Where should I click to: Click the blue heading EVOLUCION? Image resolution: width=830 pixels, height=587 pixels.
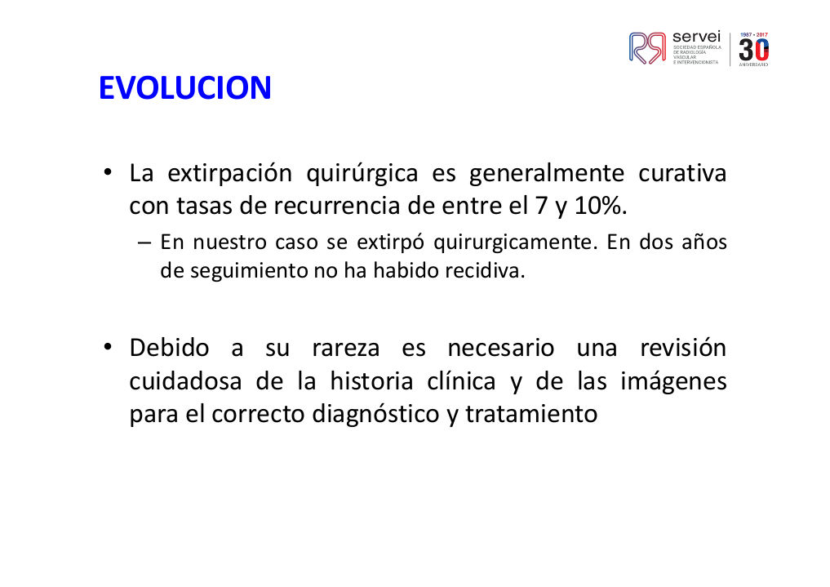[x=184, y=87]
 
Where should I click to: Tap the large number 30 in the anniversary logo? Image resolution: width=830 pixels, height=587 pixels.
[x=754, y=51]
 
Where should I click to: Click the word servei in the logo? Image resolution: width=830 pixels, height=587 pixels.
[x=696, y=37]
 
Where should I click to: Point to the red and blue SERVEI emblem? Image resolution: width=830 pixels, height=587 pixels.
[x=647, y=48]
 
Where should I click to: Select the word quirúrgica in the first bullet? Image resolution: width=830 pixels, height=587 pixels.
[x=362, y=174]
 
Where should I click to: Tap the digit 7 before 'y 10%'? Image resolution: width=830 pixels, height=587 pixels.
[x=541, y=206]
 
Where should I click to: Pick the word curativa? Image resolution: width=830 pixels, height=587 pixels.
[x=682, y=174]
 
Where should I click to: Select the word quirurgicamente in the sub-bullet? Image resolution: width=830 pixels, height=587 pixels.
[x=512, y=243]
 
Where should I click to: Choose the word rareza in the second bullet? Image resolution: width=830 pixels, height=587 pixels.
[x=346, y=349]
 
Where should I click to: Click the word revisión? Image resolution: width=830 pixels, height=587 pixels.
[x=683, y=348]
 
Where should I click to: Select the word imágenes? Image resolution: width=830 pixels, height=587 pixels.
[x=673, y=382]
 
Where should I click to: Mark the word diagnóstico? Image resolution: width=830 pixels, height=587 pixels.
[x=375, y=415]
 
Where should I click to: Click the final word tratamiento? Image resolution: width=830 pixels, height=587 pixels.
[x=531, y=414]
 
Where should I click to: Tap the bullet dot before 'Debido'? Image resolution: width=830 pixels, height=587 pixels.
[x=108, y=347]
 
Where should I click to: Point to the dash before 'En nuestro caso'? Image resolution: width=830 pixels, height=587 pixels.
[x=144, y=243]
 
